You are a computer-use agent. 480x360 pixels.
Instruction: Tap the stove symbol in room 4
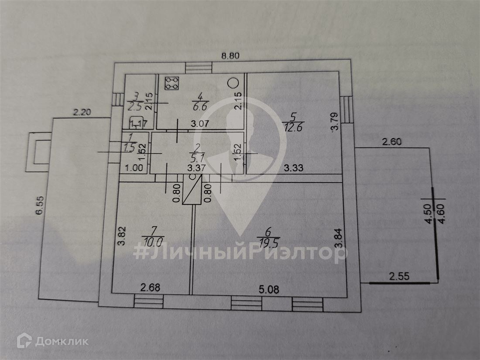pyautogui.click(x=172, y=83)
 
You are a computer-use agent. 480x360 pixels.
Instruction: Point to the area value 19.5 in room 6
pyautogui.click(x=269, y=242)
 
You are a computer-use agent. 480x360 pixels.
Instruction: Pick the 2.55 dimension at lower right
pyautogui.click(x=399, y=276)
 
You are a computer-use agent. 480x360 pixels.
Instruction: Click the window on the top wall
pyautogui.click(x=199, y=68)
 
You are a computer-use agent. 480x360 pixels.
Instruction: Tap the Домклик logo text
pyautogui.click(x=61, y=341)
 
